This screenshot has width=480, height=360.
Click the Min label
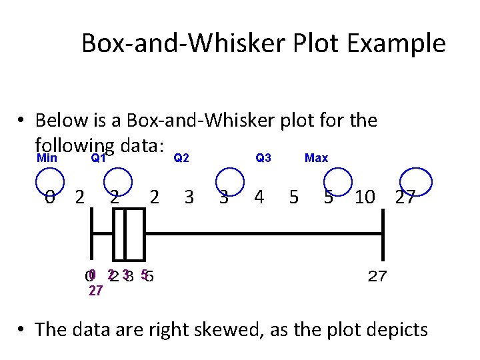point(46,158)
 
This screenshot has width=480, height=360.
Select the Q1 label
point(98,158)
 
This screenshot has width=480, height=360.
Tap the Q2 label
point(181,158)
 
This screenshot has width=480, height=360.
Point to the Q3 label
point(263,158)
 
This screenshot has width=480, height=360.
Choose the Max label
point(316,158)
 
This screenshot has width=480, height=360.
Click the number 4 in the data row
point(259,197)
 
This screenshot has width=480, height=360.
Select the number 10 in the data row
point(365,197)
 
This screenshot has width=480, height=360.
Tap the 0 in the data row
point(50,197)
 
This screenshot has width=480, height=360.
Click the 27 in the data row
point(405,197)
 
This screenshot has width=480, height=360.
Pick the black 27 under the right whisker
point(377,276)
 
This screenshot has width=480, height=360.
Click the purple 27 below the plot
point(95,291)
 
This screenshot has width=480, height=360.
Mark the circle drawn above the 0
point(49,181)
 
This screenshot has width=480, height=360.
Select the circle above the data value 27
point(416,181)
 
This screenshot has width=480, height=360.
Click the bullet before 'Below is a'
point(22,121)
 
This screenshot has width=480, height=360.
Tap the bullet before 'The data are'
point(22,329)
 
